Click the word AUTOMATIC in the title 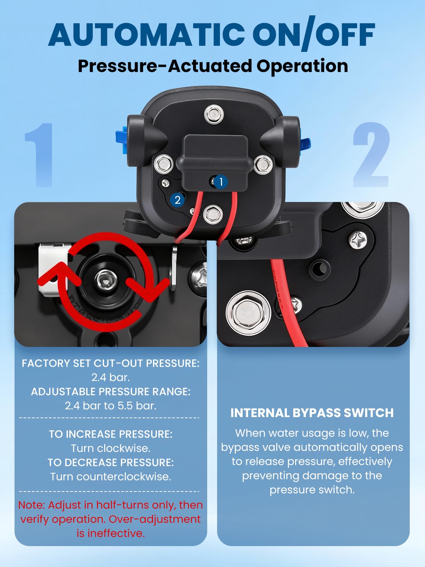(146, 35)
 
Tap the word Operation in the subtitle (302, 66)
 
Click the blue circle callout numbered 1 (221, 182)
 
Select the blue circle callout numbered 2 (177, 200)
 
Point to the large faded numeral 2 (371, 155)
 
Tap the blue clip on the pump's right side (305, 144)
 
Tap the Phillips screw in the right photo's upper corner (358, 241)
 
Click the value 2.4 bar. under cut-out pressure (110, 377)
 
